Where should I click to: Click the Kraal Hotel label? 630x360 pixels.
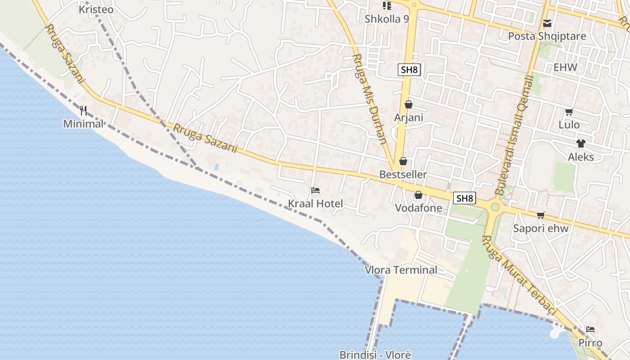315,204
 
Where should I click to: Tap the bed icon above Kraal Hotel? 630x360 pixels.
315,190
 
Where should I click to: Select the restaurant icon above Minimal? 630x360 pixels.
83,110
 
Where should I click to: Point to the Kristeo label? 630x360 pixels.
96,9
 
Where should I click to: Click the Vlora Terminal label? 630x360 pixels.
401,270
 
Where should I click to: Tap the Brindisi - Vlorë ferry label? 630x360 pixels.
375,355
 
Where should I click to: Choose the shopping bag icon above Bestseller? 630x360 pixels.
403,161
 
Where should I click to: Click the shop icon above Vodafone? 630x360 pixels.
418,195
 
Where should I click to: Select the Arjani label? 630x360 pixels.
409,117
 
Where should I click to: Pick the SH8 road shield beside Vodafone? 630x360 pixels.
465,198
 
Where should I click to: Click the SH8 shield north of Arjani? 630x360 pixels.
409,70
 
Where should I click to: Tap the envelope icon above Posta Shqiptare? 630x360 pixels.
547,23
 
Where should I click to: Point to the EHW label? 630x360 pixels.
565,67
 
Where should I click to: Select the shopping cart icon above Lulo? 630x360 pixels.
569,112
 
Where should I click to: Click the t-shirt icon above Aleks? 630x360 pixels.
581,144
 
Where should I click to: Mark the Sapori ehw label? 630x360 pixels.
541,228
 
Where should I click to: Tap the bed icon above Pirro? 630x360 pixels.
590,329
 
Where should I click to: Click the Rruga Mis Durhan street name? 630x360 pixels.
370,99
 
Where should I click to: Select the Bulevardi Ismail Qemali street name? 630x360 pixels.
514,135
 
